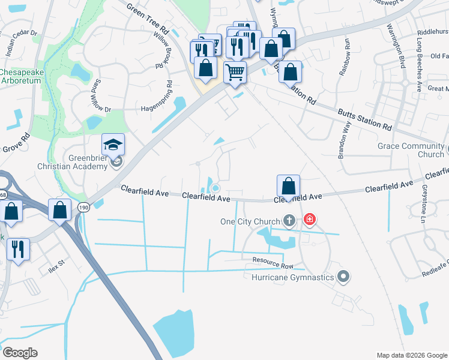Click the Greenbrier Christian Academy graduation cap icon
pyautogui.click(x=113, y=145)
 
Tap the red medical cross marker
pyautogui.click(x=309, y=220)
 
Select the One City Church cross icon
pyautogui.click(x=289, y=221)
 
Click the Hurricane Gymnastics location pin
pyautogui.click(x=343, y=277)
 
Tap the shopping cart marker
pyautogui.click(x=235, y=73)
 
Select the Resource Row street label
pyautogui.click(x=273, y=262)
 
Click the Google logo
pyautogui.click(x=20, y=353)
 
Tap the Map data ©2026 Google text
pyautogui.click(x=412, y=355)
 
